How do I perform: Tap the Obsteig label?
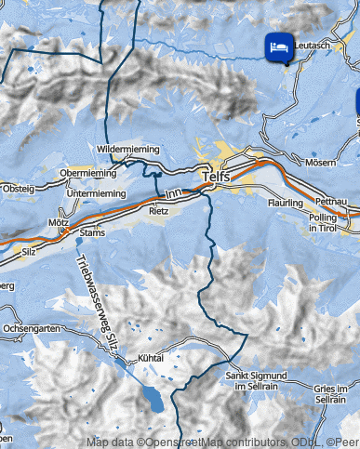point(17,189)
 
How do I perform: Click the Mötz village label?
point(58,223)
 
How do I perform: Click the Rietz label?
point(158,211)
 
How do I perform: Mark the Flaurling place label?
point(285,202)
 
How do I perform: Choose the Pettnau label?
point(330,201)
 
